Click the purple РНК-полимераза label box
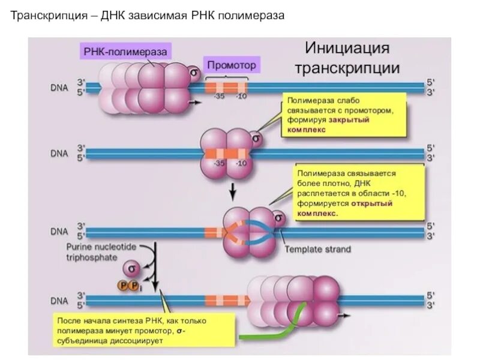click(x=125, y=52)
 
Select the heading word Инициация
click(x=347, y=48)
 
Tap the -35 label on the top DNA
click(x=218, y=96)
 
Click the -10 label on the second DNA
click(x=241, y=163)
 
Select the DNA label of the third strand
click(x=58, y=230)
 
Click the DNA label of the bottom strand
click(x=58, y=299)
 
